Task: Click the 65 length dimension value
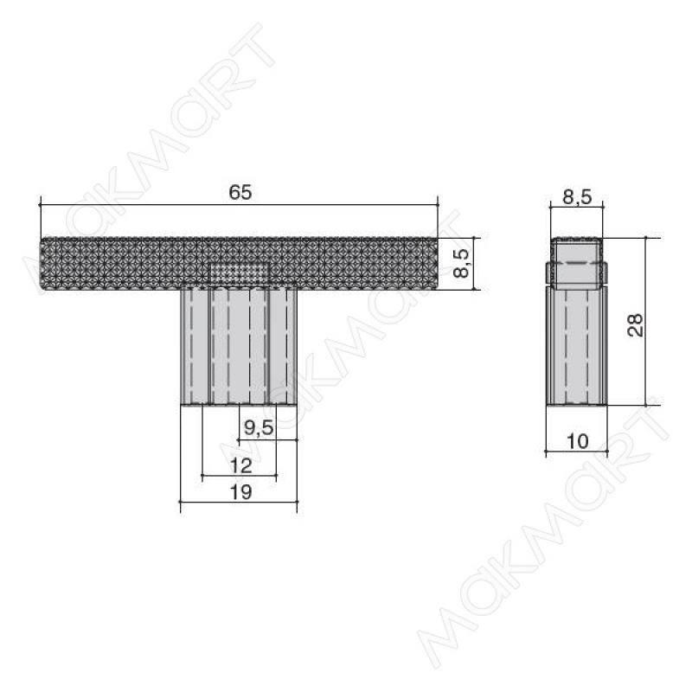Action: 240,193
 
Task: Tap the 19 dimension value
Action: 241,492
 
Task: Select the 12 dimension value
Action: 241,465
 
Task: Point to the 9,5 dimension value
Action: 259,427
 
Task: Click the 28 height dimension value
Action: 635,325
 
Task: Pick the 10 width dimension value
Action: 577,441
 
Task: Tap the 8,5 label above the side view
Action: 577,197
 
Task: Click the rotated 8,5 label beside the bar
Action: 462,263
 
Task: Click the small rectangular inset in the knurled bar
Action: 239,272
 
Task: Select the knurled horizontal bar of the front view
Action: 239,264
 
